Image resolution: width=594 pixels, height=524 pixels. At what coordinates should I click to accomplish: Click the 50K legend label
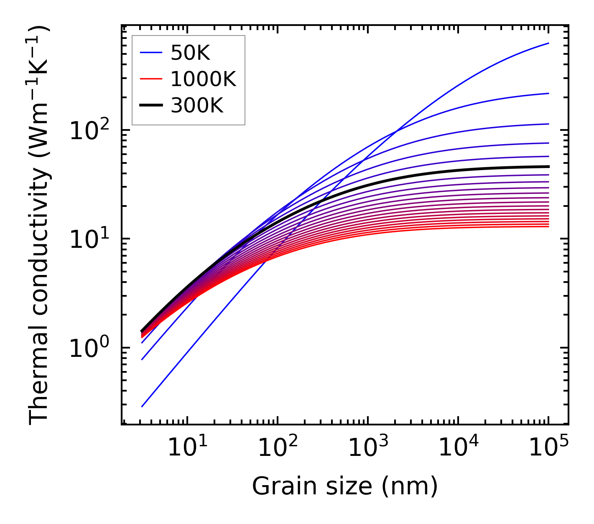tap(190, 53)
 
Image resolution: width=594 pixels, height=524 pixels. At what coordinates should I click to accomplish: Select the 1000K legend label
tap(203, 79)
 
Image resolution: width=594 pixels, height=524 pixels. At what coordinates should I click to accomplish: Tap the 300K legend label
tap(197, 106)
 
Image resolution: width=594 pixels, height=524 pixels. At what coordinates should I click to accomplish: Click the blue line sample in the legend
tap(150, 53)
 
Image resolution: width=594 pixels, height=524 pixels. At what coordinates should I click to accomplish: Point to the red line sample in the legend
tap(150, 79)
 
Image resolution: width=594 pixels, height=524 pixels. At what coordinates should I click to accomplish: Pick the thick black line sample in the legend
tap(150, 106)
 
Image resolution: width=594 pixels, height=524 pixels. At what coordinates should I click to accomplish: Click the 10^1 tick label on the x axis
tap(187, 448)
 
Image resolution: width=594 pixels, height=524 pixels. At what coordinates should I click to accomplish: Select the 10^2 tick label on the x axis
tap(277, 448)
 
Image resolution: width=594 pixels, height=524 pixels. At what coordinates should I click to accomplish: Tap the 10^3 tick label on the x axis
tap(367, 448)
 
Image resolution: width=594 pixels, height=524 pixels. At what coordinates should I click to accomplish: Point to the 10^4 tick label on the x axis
tap(458, 448)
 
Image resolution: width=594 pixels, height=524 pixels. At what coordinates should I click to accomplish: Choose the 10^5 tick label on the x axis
tap(548, 448)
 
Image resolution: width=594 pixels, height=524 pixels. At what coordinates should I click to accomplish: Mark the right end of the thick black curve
tap(548, 167)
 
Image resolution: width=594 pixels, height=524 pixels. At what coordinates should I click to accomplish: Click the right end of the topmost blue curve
tap(548, 43)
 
